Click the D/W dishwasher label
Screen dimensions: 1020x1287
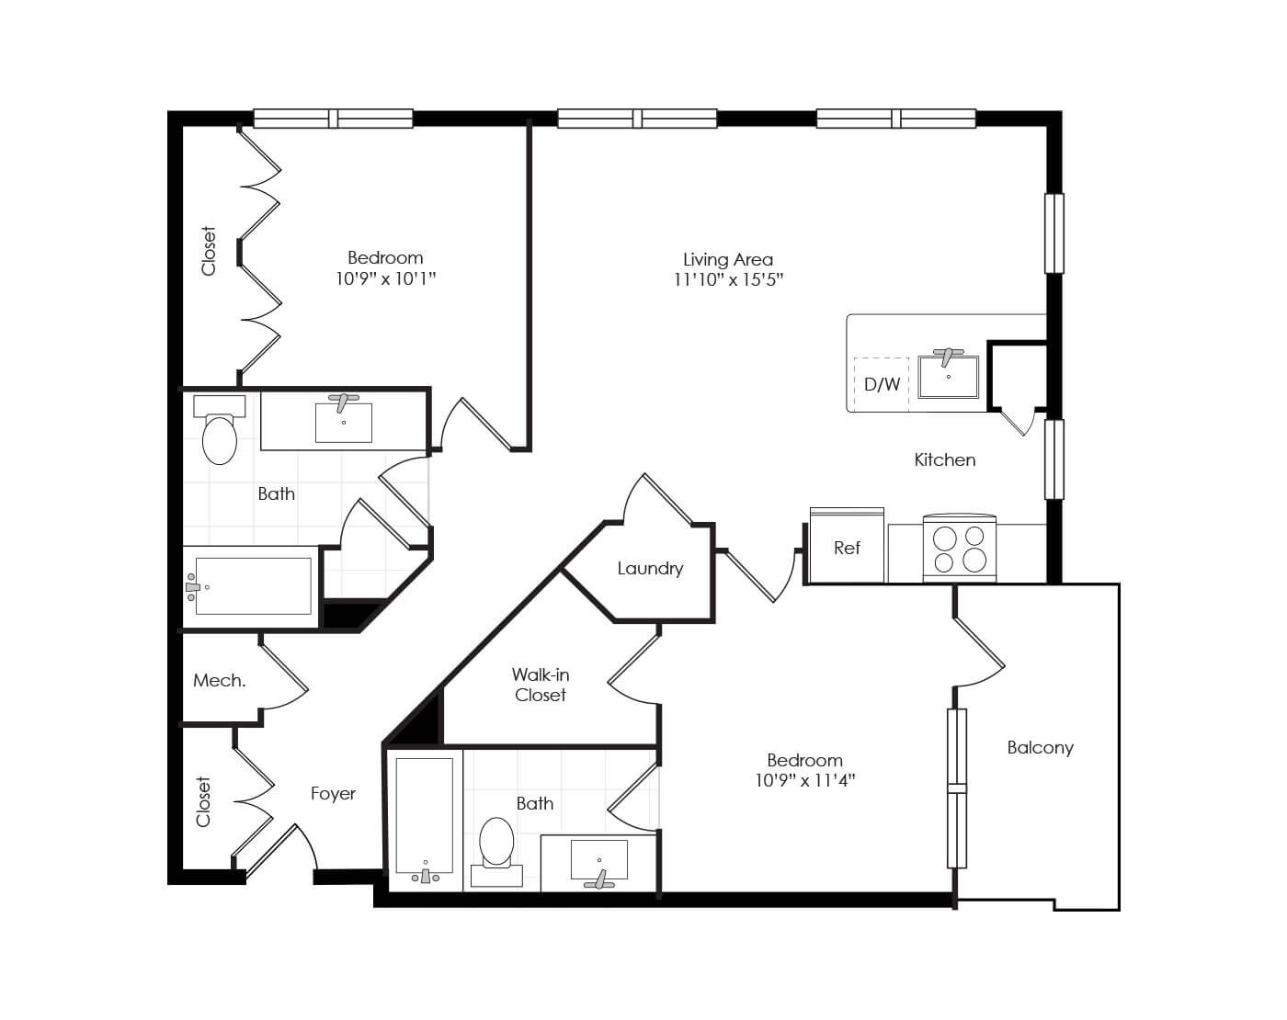[x=882, y=384]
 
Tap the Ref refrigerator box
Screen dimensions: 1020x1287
[x=846, y=548]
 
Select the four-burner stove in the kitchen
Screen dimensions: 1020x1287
[x=959, y=549]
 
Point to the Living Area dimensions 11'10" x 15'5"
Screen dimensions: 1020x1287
[x=728, y=280]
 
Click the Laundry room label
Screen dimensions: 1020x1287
[x=650, y=569]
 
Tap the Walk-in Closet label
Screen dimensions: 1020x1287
[x=541, y=686]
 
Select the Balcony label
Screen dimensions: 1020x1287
[x=1040, y=748]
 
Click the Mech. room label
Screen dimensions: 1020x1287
[x=219, y=681]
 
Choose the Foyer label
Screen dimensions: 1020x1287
[x=333, y=794]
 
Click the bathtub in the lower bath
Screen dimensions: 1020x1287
[x=424, y=816]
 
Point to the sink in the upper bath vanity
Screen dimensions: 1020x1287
[x=344, y=422]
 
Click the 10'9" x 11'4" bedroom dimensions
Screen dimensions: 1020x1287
[x=804, y=781]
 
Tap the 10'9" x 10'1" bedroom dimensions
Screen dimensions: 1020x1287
[x=385, y=278]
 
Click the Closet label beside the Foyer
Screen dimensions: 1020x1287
[x=204, y=801]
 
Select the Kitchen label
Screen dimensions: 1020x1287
[x=944, y=460]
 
